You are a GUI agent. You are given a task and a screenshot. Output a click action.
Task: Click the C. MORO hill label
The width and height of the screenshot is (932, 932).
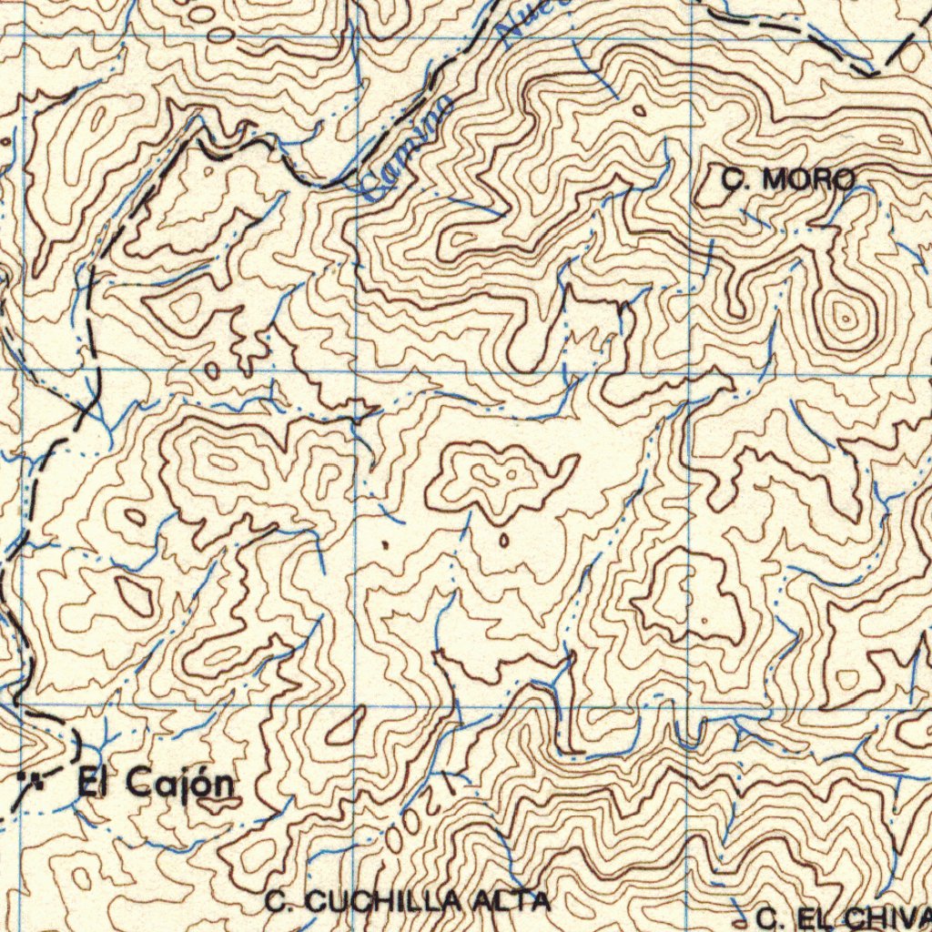point(788,180)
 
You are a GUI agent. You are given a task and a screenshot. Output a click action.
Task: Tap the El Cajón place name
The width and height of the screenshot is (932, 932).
point(156,782)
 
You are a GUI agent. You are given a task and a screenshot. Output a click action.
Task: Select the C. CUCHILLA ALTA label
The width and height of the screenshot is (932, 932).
point(409,902)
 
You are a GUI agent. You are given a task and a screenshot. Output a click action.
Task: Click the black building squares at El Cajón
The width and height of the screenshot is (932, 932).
point(31,779)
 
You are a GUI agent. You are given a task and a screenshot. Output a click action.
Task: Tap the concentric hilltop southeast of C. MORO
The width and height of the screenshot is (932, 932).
point(846,319)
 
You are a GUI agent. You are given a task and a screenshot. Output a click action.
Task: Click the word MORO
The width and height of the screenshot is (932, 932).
point(808,180)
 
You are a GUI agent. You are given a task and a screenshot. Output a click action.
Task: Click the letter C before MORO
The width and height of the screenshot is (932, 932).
point(733,180)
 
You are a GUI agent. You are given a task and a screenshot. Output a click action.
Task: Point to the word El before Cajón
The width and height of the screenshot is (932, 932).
point(92,781)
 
